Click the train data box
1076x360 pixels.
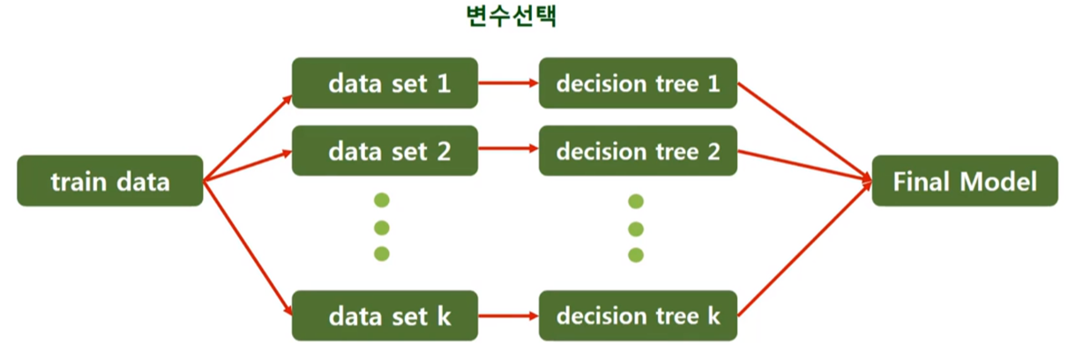click(x=109, y=183)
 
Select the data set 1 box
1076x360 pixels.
click(x=385, y=85)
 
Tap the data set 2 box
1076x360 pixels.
click(x=385, y=151)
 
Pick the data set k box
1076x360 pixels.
click(x=385, y=315)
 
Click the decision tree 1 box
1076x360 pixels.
click(x=637, y=85)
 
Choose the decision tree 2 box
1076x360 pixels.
click(x=637, y=151)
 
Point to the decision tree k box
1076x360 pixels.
click(x=637, y=315)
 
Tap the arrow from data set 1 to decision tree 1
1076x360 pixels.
click(x=508, y=85)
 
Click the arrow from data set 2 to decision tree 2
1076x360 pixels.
click(x=508, y=151)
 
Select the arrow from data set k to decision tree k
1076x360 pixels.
click(x=508, y=315)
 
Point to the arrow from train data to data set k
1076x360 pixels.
click(x=248, y=249)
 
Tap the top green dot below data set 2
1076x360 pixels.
click(x=382, y=200)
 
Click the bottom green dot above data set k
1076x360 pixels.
click(x=382, y=254)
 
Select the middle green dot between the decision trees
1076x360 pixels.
click(x=635, y=229)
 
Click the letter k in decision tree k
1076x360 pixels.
click(x=714, y=315)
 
